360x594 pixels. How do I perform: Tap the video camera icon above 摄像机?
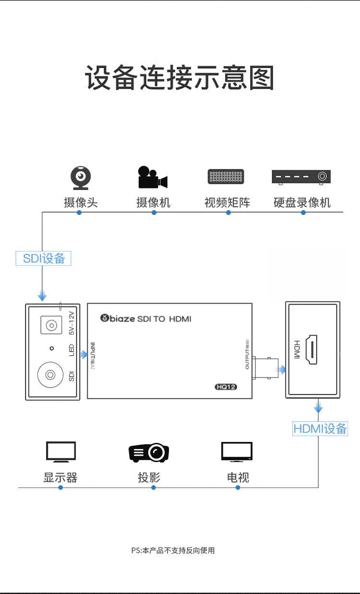click(x=152, y=177)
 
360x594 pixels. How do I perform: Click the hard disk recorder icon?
click(x=301, y=177)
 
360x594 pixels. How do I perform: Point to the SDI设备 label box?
click(x=44, y=258)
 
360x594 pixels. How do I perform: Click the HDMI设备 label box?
click(x=320, y=428)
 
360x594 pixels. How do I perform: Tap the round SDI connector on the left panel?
click(x=50, y=373)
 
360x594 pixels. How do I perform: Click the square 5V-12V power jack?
click(x=50, y=326)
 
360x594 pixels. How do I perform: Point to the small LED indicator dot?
click(x=51, y=348)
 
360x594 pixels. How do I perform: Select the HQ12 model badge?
click(x=226, y=387)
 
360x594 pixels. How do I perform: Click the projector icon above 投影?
click(x=149, y=452)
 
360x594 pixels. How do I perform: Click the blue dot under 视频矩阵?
click(x=228, y=212)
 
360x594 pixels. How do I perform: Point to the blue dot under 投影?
click(x=154, y=487)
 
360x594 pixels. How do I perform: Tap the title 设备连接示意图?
click(x=180, y=78)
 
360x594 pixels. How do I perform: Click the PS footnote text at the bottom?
click(x=173, y=550)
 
